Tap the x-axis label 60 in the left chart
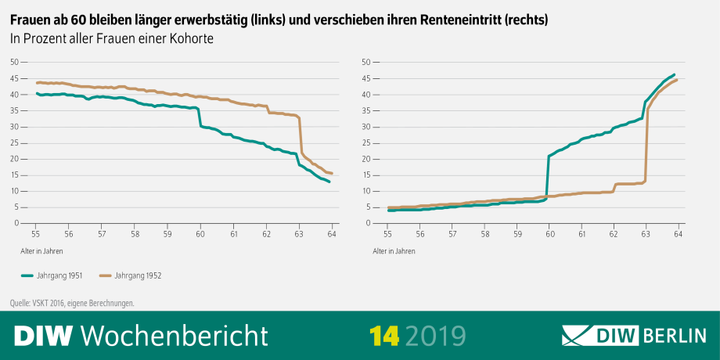tap(200, 233)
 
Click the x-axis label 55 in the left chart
tap(36, 233)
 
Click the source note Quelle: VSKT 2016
tap(63, 303)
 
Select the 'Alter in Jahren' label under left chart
tap(42, 251)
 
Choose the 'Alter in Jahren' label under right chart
tap(394, 251)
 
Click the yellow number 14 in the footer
tap(384, 335)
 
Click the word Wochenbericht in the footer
tap(175, 335)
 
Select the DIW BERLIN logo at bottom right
tap(635, 335)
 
